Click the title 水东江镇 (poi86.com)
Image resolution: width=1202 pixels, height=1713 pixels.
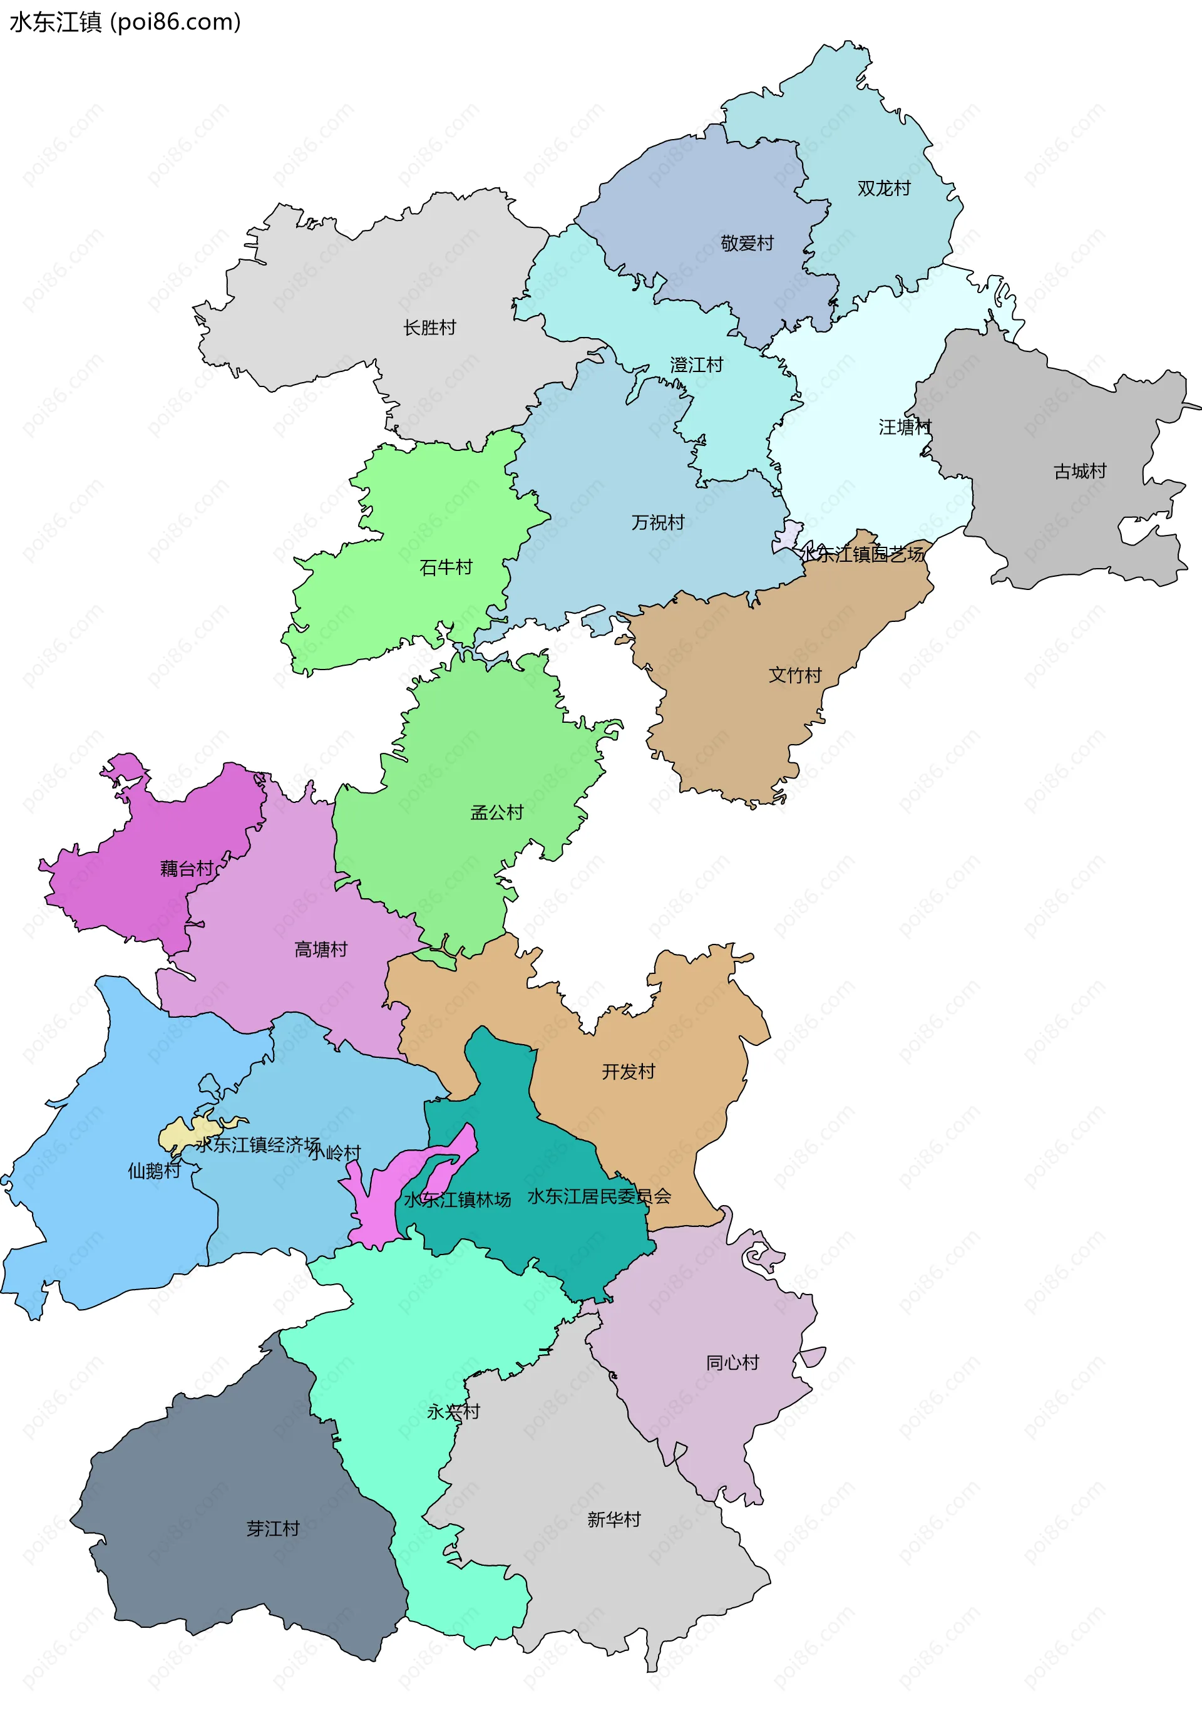125,23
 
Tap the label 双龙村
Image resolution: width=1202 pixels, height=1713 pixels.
883,188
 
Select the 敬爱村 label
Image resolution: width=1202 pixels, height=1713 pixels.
746,243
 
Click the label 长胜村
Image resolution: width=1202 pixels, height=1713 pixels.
429,328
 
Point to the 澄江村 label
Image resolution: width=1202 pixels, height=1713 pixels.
696,365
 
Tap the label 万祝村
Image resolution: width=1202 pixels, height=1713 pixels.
658,522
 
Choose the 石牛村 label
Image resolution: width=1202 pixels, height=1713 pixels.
446,568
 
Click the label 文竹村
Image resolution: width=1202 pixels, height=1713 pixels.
795,675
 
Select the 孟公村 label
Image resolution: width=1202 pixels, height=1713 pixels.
496,812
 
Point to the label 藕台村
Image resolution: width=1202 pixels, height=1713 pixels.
187,869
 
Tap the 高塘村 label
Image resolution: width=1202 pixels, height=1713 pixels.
321,950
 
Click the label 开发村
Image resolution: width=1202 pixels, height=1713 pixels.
628,1072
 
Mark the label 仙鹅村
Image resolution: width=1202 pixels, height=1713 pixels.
153,1171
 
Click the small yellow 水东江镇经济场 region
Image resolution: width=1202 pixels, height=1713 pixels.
179,1136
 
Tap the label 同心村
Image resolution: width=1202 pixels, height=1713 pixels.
732,1363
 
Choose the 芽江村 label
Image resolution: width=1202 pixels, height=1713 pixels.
273,1529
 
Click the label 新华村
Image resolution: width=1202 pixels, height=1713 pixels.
614,1519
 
